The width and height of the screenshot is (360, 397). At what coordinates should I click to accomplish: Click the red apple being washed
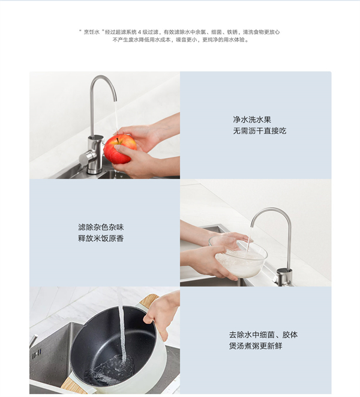pyautogui.click(x=119, y=149)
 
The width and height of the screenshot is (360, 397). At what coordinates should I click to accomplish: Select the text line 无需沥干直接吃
pyautogui.click(x=259, y=131)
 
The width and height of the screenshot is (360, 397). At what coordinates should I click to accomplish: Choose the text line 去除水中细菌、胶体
pyautogui.click(x=263, y=335)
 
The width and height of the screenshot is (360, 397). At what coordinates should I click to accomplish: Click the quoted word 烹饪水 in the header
pyautogui.click(x=92, y=32)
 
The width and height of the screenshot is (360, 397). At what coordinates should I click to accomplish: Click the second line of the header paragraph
pyautogui.click(x=179, y=40)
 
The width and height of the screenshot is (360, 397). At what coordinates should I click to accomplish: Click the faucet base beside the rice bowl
pyautogui.click(x=284, y=277)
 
